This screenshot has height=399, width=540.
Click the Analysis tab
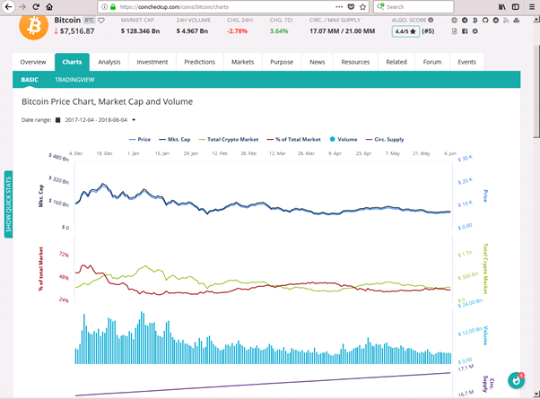click(109, 62)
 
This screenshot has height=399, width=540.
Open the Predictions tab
click(199, 62)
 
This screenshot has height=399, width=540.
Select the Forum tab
click(432, 62)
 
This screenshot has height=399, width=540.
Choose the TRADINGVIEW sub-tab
click(75, 79)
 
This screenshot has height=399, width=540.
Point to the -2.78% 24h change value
click(238, 30)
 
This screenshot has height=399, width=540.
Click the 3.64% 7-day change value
click(279, 30)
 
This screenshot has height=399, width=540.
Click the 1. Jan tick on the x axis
click(134, 153)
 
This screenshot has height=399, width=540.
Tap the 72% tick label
click(63, 255)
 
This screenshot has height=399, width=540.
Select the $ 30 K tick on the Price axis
click(465, 159)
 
